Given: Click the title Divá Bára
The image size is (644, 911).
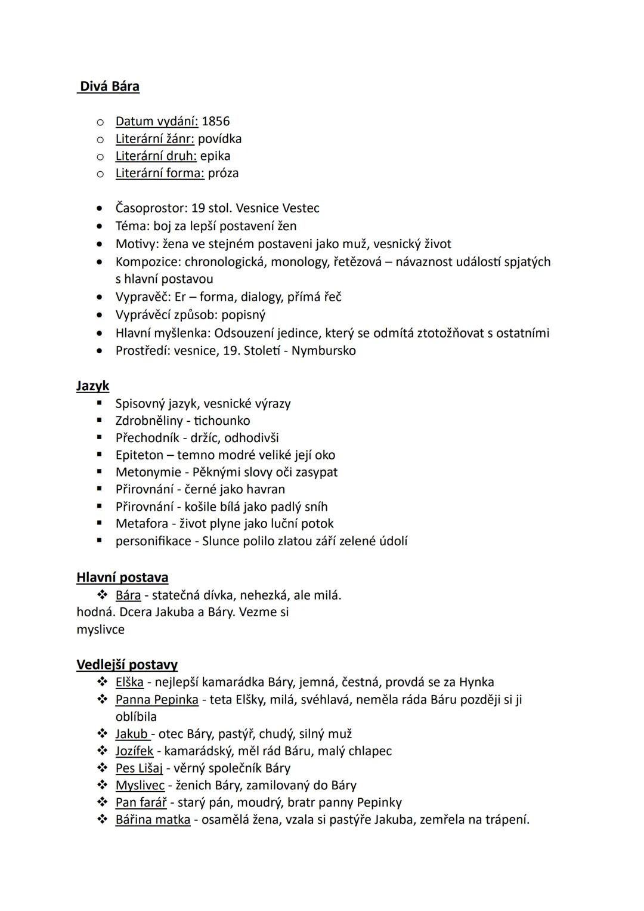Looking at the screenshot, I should point(110,87).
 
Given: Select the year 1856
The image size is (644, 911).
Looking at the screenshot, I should point(215,121).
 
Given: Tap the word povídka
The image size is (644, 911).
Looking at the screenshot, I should point(219,139).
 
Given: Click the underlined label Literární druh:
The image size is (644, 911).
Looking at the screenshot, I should point(156,156).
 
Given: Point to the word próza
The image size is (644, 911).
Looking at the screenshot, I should point(223,173).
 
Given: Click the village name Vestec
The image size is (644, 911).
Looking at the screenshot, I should point(301,208).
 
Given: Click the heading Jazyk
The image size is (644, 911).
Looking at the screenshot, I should point(93,386).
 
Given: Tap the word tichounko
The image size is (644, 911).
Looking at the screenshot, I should point(222,421).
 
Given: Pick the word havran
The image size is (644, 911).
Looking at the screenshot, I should point(266,489).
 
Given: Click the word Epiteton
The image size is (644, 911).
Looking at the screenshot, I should point(140,455).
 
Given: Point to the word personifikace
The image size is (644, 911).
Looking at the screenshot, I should point(153,541).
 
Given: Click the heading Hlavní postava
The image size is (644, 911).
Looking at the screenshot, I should point(122,578).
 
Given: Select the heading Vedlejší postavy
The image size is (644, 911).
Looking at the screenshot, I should point(127,665).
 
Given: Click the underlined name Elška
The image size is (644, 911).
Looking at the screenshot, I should point(129,682).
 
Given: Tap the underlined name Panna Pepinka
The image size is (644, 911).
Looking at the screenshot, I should point(157,699).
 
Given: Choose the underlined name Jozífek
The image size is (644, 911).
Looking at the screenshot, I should point(134,751).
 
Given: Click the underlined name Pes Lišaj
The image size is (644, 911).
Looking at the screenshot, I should point(139,768).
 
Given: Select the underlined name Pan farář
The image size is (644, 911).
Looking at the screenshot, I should point(141,802).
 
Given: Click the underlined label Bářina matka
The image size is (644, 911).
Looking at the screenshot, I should point(153,820).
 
